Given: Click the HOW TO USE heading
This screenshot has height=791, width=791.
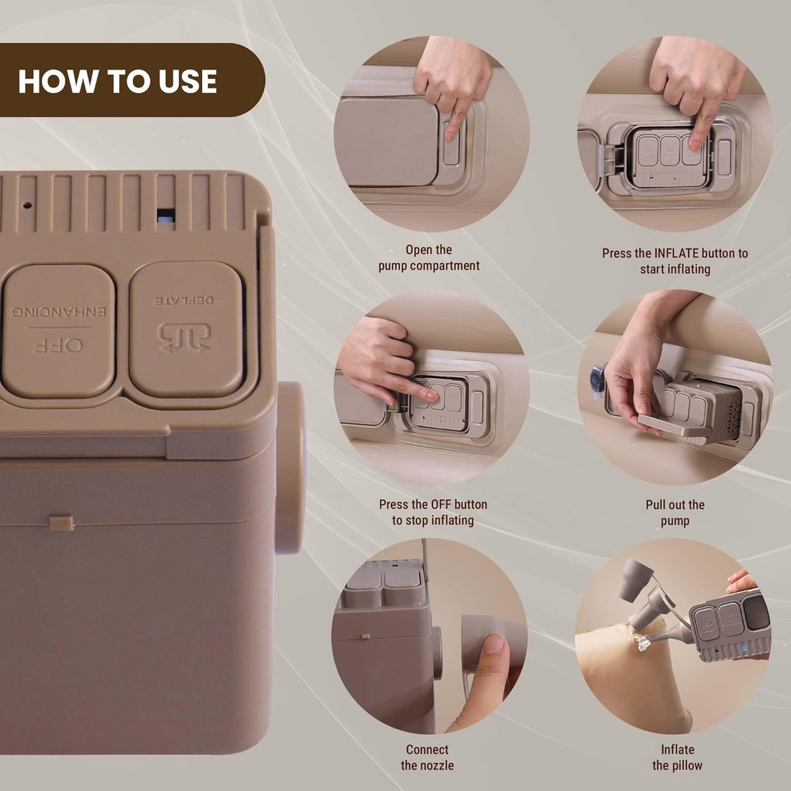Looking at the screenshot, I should (117, 81).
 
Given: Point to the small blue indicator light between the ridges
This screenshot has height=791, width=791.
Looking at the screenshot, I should (165, 215).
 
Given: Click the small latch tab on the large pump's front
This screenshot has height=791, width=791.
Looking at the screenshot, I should (61, 521).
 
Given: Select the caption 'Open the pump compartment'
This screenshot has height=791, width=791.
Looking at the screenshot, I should (429, 257).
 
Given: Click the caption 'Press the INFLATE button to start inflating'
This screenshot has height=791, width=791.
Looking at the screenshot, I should (675, 261).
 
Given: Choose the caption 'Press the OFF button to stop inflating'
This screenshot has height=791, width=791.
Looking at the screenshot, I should (432, 512).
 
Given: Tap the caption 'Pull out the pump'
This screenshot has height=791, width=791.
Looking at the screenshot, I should (675, 512).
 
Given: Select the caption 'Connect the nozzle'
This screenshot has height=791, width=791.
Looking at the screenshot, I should (427, 757).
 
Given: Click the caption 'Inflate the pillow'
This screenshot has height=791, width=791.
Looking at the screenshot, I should (677, 757).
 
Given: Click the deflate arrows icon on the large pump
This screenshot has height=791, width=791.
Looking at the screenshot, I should (185, 337).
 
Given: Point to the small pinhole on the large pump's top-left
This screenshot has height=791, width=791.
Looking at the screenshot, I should (27, 204).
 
